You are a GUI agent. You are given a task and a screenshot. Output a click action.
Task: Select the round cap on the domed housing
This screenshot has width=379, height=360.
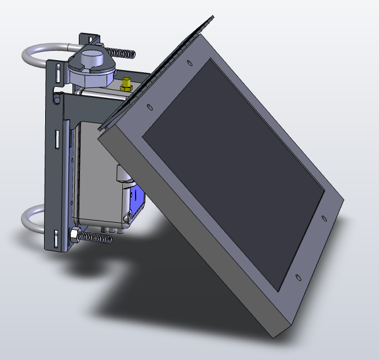tap(90, 58)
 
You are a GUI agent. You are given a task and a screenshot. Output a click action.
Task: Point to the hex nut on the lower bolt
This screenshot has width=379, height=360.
tap(75, 235)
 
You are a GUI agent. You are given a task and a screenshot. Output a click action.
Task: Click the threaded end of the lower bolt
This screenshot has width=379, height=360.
tap(95, 237)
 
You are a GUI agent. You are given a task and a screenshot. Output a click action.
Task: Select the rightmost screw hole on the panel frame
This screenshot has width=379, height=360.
tap(325, 219)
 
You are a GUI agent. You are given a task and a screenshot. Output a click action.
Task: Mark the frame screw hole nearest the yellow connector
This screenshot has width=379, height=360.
tap(150, 106)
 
